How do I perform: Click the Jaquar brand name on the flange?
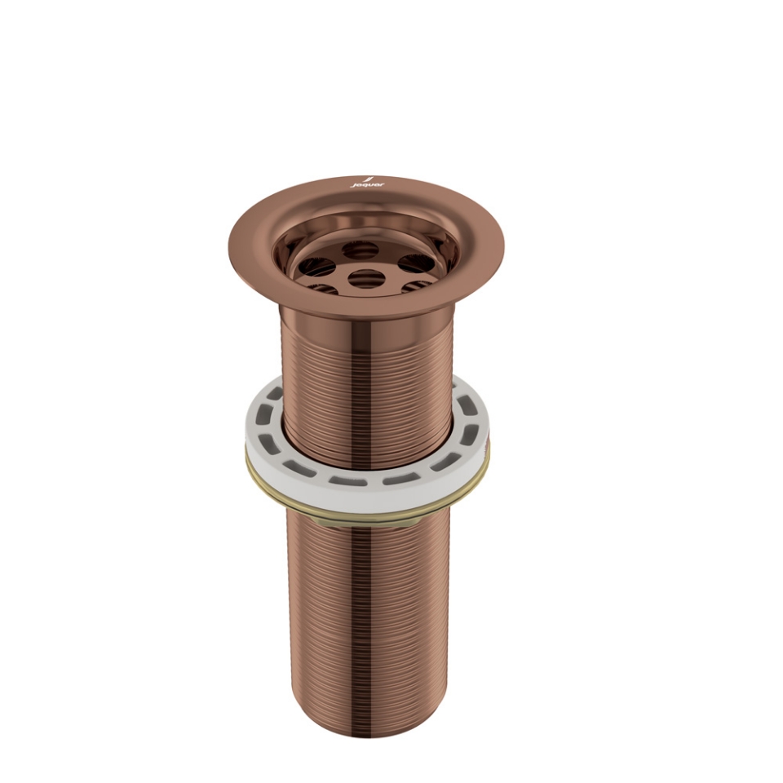click(x=364, y=186)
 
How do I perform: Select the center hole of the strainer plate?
click(x=366, y=278)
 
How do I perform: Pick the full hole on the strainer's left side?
click(x=318, y=267)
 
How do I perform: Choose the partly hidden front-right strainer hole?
click(x=418, y=285)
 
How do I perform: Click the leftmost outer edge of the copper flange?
click(x=231, y=245)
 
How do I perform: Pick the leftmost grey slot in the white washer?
click(x=262, y=431)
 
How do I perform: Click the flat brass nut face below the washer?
click(x=367, y=511)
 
